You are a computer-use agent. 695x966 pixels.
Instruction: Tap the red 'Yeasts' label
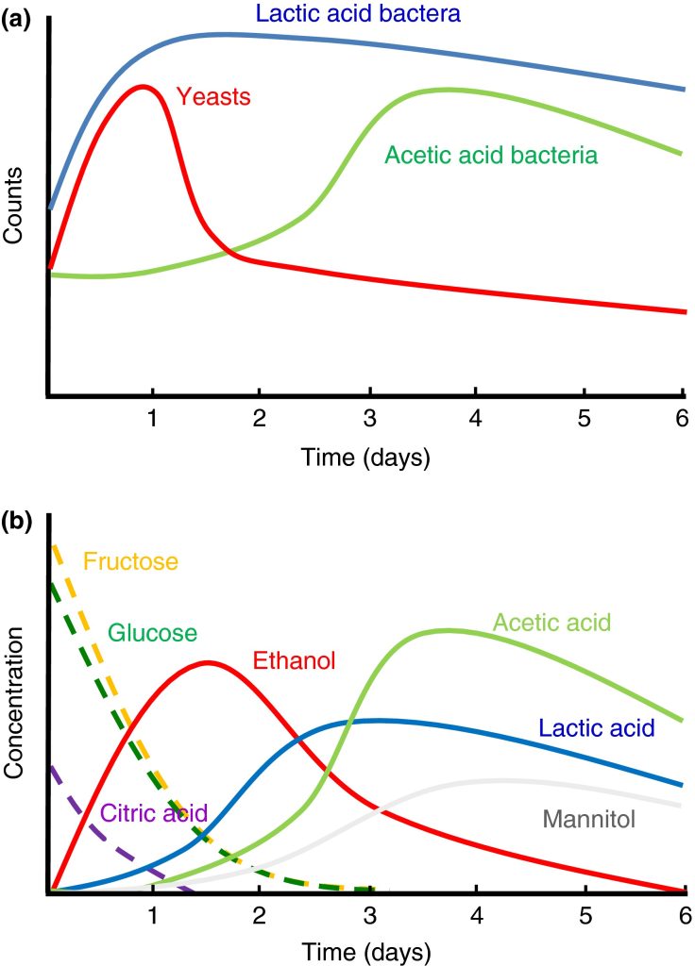(213, 96)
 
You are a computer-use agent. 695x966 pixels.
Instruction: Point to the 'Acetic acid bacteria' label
(491, 156)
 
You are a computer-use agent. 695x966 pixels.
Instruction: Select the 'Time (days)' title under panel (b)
(365, 948)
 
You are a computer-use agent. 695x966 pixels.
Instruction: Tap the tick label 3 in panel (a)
(370, 418)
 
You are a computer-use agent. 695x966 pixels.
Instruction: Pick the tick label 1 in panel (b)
(152, 915)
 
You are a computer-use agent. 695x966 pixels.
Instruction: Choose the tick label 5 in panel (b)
(585, 915)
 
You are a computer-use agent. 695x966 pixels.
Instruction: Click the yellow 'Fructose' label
(130, 562)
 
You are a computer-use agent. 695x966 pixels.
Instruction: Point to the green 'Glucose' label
(152, 632)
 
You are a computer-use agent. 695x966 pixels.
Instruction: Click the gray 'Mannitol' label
(588, 819)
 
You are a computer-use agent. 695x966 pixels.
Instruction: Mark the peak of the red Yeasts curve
(143, 86)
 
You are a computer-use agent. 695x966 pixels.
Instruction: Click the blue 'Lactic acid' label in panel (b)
(596, 727)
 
